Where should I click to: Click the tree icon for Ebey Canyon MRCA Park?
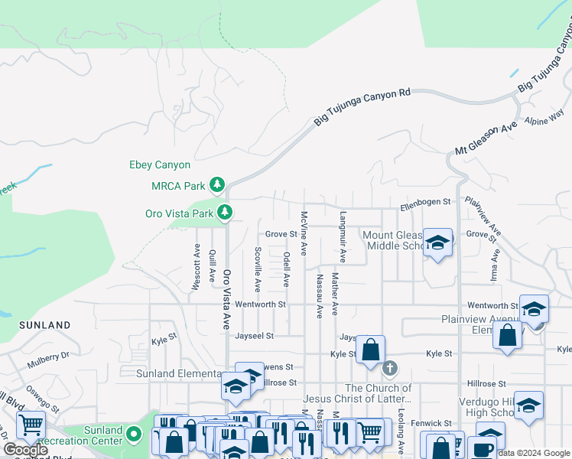218,184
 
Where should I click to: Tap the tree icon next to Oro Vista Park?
224,212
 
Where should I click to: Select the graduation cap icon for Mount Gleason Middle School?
437,243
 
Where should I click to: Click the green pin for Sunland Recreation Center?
135,435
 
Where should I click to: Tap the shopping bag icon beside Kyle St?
371,350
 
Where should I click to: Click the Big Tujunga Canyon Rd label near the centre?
362,106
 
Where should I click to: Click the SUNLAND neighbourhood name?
45,325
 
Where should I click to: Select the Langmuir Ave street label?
343,237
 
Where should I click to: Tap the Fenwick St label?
431,423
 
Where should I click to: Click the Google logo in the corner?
25,450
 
